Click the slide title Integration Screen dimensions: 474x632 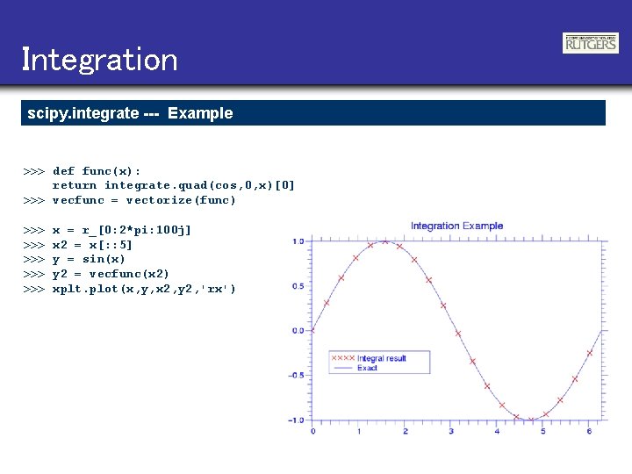tap(99, 60)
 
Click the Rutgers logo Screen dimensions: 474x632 tap(590, 43)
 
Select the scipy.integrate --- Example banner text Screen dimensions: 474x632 tap(130, 113)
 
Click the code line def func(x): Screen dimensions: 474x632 tap(97, 170)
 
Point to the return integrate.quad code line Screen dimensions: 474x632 tap(174, 185)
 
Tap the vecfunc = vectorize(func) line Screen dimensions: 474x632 tap(144, 200)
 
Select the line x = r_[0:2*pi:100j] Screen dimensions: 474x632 tap(122, 230)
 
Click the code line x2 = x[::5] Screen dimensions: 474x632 tap(92, 245)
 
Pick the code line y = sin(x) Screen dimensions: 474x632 tap(89, 260)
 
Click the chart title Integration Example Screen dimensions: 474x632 tap(456, 226)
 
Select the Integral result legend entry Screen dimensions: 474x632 tap(381, 358)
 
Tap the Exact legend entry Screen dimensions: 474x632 tap(367, 369)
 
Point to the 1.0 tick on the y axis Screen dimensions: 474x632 tap(298, 241)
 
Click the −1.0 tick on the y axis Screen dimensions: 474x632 tap(296, 420)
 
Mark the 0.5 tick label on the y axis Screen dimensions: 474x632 tap(298, 286)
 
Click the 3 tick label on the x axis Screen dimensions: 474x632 tap(450, 432)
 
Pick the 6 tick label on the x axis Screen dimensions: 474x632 tap(589, 432)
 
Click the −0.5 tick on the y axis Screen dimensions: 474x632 tap(296, 376)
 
